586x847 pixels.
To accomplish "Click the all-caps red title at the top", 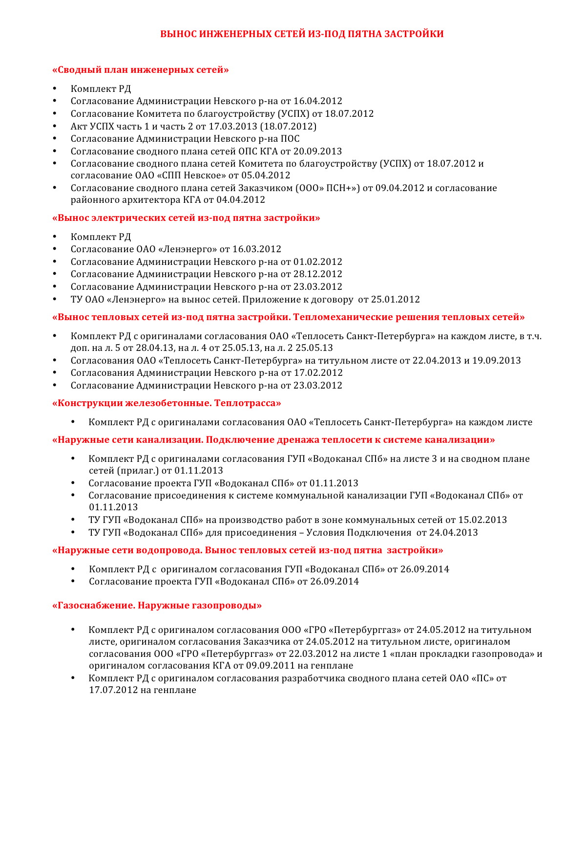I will [x=302, y=34].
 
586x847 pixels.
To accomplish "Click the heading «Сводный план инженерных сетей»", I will [x=141, y=70].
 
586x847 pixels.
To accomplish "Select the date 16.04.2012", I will [x=318, y=101].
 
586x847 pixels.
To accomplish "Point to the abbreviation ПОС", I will [x=290, y=139].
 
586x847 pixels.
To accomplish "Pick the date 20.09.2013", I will [x=317, y=152].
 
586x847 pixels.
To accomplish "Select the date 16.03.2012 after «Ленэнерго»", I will [x=257, y=249].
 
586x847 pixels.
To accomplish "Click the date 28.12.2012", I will [x=318, y=274].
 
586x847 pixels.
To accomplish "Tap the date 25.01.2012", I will [x=396, y=300].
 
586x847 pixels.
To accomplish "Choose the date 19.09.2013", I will [x=496, y=361].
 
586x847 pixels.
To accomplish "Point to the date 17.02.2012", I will [x=318, y=373].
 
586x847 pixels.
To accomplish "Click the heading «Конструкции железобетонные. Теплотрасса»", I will [x=167, y=403].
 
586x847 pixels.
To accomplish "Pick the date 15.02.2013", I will [x=482, y=520].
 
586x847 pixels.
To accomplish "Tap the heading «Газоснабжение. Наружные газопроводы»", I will [x=157, y=606].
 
